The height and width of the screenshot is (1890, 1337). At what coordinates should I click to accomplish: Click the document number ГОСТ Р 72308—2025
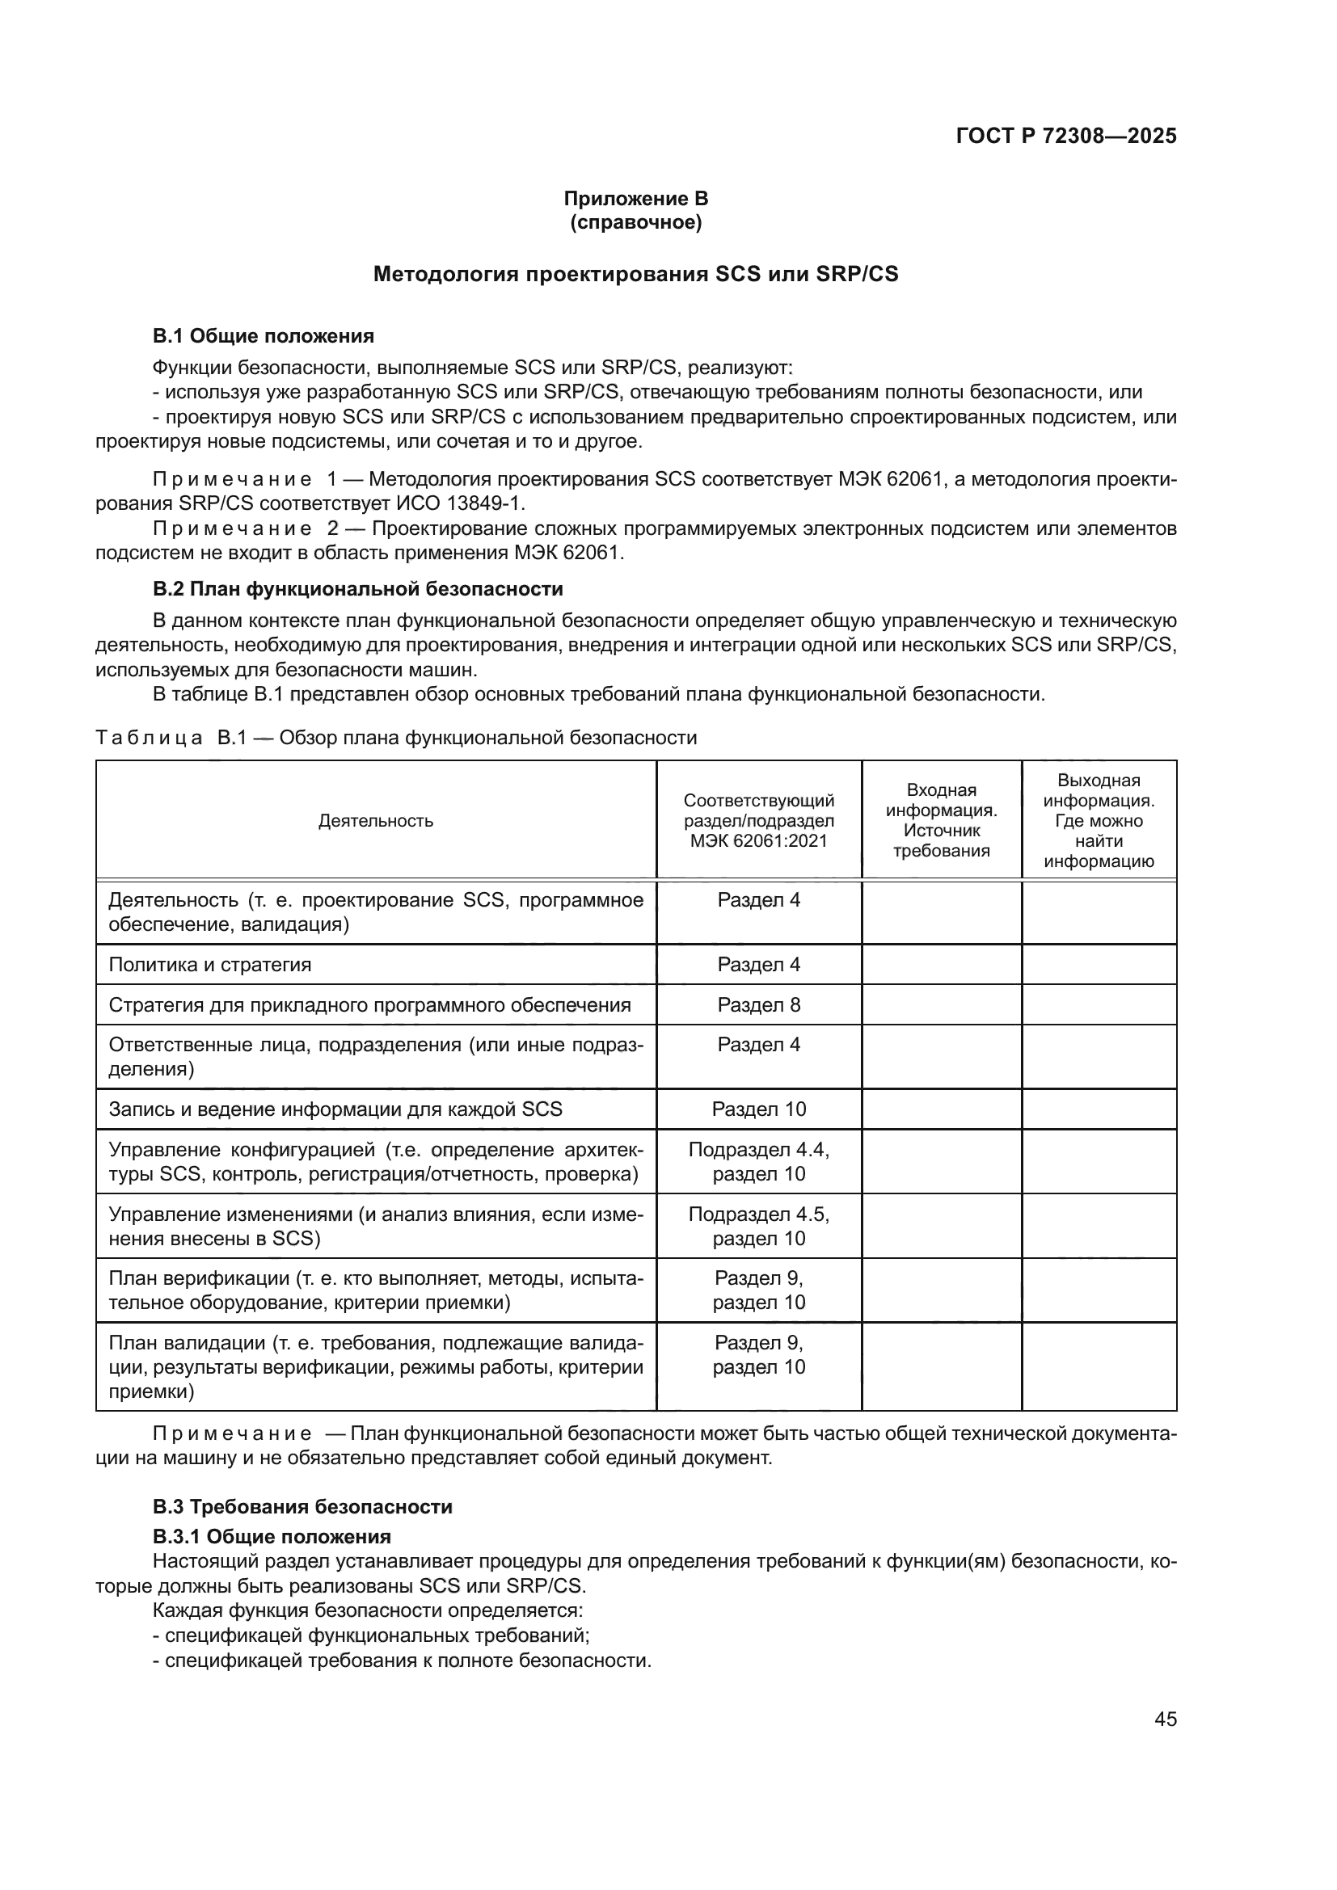(x=1065, y=137)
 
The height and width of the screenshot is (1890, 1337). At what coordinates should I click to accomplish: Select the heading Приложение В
(x=635, y=199)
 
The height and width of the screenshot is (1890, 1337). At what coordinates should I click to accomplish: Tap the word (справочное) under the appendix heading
(x=635, y=223)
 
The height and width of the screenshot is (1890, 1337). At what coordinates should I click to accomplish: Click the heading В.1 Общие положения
(x=263, y=336)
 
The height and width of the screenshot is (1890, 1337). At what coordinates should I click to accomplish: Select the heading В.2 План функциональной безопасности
(x=357, y=589)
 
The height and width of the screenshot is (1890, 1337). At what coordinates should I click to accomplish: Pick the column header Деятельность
(x=375, y=821)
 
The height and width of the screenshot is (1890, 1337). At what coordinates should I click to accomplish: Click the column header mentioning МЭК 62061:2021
(x=758, y=821)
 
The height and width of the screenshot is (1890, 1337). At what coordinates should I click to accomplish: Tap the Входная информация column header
(x=941, y=821)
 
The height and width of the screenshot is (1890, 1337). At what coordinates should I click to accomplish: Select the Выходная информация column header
(x=1099, y=821)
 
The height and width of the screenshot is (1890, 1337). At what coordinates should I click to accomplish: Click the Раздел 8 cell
(x=758, y=1005)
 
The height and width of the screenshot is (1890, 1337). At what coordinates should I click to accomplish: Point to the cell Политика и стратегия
(x=210, y=965)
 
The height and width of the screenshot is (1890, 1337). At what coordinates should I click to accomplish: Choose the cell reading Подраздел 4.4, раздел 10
(x=758, y=1161)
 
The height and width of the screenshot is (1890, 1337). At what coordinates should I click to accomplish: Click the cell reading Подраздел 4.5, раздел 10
(x=758, y=1227)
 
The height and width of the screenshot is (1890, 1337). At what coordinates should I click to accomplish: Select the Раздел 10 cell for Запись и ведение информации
(x=758, y=1109)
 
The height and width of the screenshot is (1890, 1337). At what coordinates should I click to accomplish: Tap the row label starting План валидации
(x=375, y=1367)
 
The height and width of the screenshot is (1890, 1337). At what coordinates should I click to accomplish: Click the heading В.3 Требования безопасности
(x=302, y=1507)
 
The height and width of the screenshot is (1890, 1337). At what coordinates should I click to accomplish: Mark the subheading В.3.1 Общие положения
(x=271, y=1537)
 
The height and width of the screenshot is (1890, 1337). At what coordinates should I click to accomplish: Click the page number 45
(x=1165, y=1720)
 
